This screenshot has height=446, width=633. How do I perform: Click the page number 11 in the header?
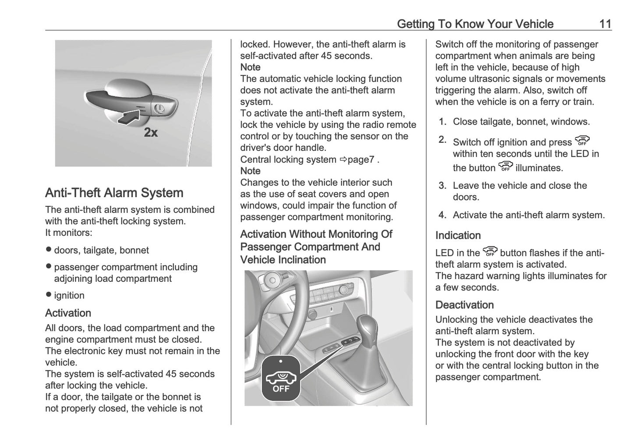tap(605, 24)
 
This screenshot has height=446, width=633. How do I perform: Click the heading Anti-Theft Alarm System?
tap(114, 193)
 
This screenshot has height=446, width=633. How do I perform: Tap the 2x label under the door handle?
tap(151, 132)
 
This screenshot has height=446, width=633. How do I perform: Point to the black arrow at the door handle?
tap(132, 117)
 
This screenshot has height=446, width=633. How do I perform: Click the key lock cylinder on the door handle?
tap(159, 108)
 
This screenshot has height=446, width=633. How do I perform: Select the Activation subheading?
tap(68, 313)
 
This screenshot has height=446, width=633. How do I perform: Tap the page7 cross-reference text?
tap(361, 159)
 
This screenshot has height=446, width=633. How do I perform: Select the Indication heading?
tap(458, 235)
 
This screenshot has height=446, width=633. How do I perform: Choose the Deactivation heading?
tap(464, 305)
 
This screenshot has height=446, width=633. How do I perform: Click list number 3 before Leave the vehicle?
tap(442, 186)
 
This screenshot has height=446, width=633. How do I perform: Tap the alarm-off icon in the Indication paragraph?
tap(490, 251)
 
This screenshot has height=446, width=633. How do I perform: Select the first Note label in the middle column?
tap(250, 67)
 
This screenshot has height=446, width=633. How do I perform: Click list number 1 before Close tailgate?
tap(442, 122)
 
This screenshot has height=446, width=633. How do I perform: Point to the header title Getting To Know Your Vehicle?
tap(475, 24)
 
